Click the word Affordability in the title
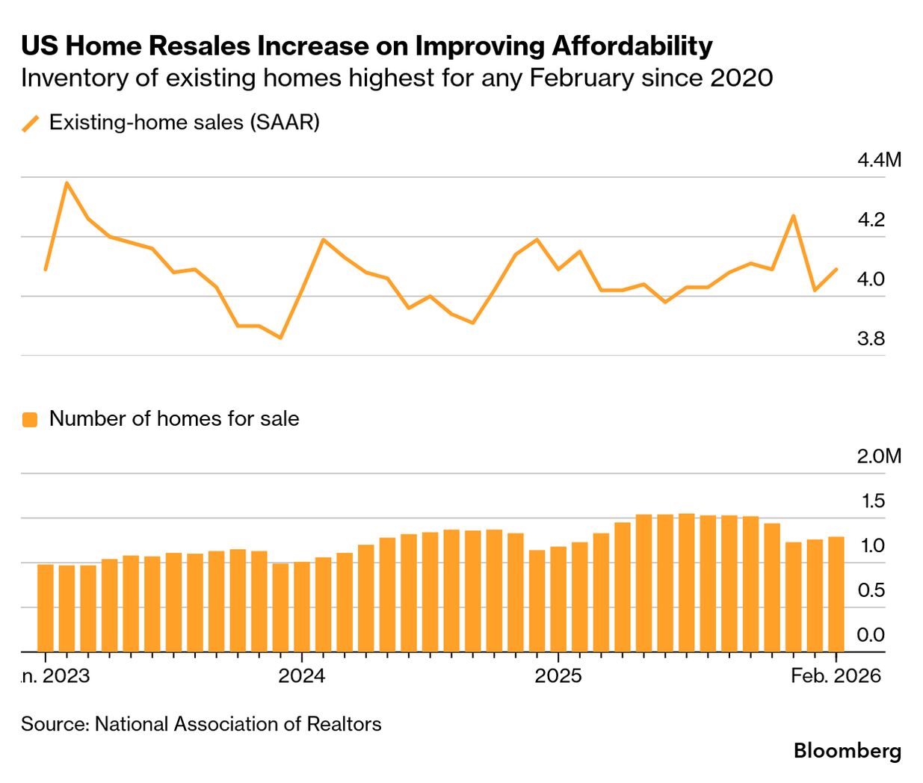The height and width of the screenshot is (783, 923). (632, 46)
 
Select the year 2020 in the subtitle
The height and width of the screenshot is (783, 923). (743, 78)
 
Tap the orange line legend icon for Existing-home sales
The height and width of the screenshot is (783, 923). (31, 123)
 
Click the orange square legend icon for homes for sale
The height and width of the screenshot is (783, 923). (30, 419)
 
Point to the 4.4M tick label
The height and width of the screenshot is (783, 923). (879, 160)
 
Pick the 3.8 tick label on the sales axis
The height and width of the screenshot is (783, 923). (871, 339)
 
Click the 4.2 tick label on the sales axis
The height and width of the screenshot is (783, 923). (871, 220)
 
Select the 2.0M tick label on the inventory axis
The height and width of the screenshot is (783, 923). (879, 457)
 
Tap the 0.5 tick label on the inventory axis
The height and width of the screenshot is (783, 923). (871, 590)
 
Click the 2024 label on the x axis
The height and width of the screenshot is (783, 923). (301, 676)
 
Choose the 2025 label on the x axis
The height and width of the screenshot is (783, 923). (558, 676)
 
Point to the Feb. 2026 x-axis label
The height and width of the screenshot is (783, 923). (836, 676)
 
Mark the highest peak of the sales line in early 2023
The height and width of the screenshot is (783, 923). (67, 182)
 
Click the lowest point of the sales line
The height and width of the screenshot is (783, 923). (280, 338)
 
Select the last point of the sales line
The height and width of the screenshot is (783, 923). (836, 269)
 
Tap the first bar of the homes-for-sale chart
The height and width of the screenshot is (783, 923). (46, 608)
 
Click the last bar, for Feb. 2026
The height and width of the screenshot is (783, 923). (836, 595)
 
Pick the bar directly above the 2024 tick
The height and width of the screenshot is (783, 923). (302, 607)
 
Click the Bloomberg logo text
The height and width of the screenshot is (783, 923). (848, 751)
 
